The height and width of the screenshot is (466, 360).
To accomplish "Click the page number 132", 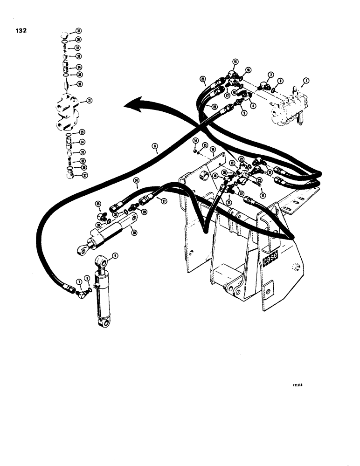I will point(21,31).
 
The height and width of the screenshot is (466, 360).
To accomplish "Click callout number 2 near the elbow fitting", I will point(270,74).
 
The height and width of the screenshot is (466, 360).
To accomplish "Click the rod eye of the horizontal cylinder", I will point(83,251).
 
